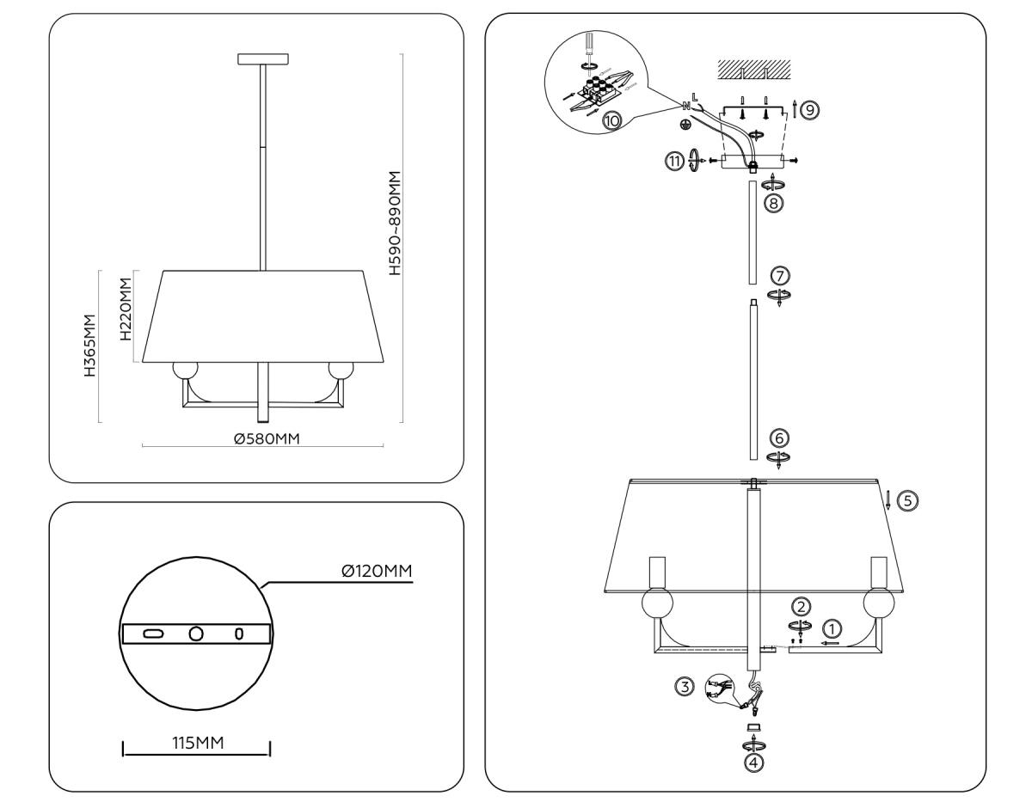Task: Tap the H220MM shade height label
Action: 127,309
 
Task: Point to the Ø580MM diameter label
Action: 267,438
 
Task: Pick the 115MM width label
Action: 197,743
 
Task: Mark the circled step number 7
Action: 779,276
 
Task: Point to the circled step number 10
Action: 612,121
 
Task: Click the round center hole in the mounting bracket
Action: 196,634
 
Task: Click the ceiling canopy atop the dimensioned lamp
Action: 263,59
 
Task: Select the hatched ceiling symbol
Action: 753,70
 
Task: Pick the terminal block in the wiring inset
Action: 593,89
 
